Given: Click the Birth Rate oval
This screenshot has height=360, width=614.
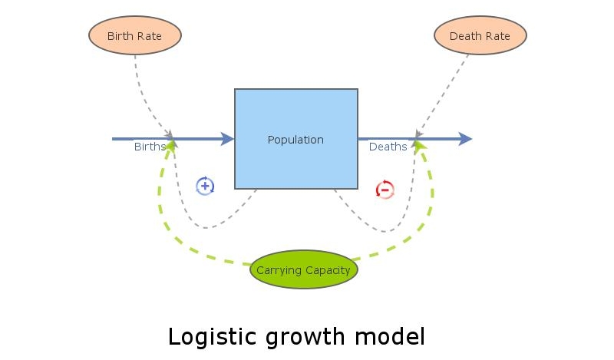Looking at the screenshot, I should pos(134,35).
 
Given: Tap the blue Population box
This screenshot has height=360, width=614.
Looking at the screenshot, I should pos(295,139).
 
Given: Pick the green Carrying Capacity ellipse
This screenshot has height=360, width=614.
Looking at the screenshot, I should pos(304,269).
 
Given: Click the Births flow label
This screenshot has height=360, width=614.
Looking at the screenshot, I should pos(150,147).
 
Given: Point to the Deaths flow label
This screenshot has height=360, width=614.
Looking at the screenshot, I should pos(388,147).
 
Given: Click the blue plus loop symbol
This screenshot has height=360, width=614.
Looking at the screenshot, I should pos(205,186).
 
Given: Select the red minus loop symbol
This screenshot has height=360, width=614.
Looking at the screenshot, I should pos(385,190).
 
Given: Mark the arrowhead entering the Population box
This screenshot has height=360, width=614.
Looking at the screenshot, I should pos(227,139).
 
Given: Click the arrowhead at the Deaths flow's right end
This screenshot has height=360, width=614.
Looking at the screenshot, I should pos(465,139).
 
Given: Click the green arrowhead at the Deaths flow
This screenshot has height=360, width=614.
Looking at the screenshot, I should pos(420,145).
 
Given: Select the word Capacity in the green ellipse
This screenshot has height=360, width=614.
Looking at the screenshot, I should pos(327,270).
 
